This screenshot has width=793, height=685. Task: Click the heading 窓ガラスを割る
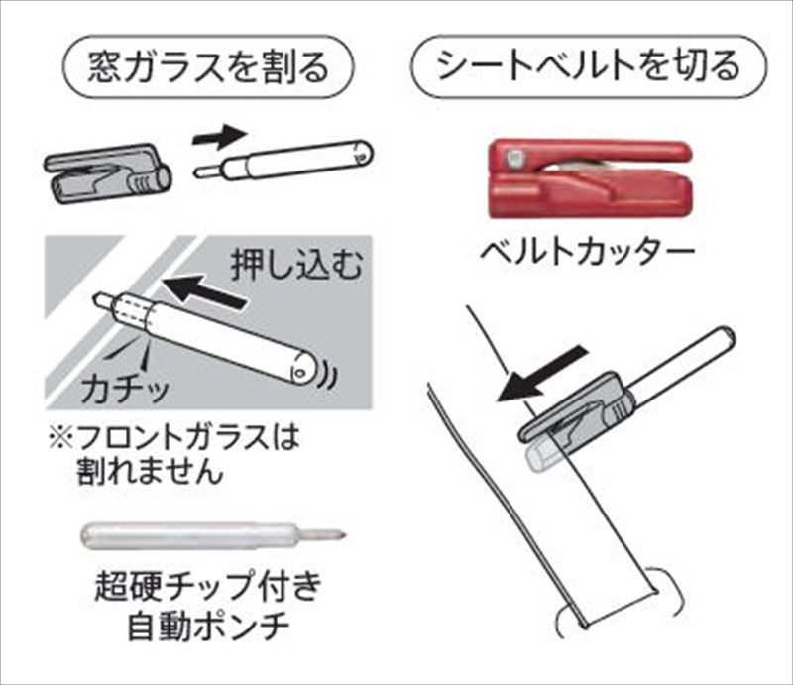point(208,66)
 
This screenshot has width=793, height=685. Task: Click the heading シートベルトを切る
point(589,66)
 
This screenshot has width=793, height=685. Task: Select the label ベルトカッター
point(587,252)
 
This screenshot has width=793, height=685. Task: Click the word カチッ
point(125,388)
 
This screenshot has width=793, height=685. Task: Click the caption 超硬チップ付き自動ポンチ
point(208,607)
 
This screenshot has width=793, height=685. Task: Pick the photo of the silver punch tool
point(213,534)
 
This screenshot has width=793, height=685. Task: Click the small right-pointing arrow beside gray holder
point(219,137)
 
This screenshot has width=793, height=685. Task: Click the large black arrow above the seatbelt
point(543,374)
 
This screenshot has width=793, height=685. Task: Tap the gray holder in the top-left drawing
point(107,174)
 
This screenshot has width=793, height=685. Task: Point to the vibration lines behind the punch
point(329,375)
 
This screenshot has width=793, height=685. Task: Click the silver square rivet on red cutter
point(513,158)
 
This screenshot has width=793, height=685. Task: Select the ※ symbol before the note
point(60,438)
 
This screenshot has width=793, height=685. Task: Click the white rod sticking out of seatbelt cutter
point(682,361)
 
